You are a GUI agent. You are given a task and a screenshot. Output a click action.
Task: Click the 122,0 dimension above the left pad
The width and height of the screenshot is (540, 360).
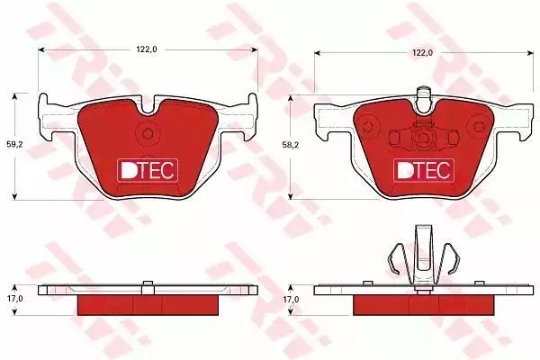click(x=147, y=49)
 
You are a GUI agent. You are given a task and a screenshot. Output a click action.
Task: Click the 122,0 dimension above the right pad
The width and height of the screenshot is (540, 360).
click(x=423, y=53)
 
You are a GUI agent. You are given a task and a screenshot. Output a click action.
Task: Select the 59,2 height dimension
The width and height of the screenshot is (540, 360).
click(x=14, y=145)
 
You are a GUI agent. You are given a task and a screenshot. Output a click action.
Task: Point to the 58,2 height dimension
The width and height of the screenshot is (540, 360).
click(x=291, y=145)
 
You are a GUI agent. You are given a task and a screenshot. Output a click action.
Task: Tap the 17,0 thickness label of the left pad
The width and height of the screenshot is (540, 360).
click(x=14, y=299)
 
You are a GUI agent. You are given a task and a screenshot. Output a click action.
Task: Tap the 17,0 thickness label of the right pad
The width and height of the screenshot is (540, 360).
click(x=291, y=300)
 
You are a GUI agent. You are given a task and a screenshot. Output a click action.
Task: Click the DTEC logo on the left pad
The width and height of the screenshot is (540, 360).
click(x=148, y=170)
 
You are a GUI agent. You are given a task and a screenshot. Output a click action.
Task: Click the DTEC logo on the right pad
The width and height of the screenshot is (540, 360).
click(x=424, y=170)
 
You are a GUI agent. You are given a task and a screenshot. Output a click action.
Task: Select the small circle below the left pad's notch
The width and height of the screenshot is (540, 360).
click(x=148, y=133)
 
